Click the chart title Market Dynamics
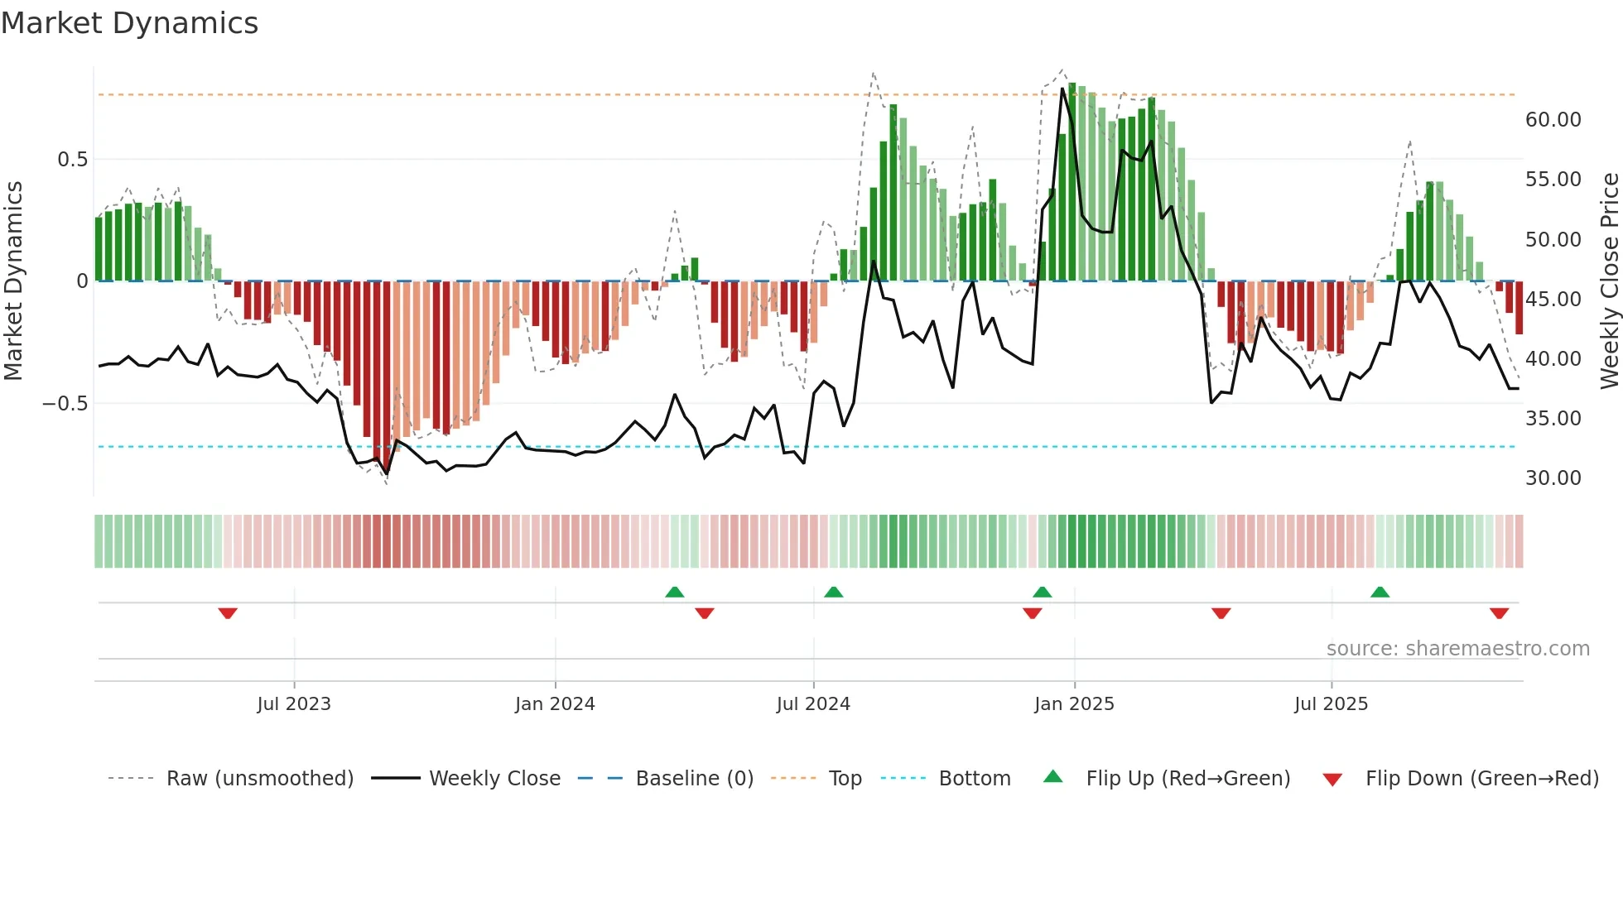[x=129, y=23]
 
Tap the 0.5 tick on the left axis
[x=72, y=160]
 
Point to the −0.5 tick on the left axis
[x=65, y=404]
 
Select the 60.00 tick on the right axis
[x=1553, y=120]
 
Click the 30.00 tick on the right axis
[x=1553, y=478]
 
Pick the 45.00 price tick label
[x=1553, y=299]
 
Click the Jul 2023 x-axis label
[x=294, y=704]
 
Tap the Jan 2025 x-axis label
[x=1074, y=704]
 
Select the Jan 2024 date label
[x=555, y=704]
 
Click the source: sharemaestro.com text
[x=1457, y=649]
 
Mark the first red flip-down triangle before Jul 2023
[x=228, y=613]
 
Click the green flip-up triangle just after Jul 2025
[x=1380, y=592]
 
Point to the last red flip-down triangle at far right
[x=1499, y=613]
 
